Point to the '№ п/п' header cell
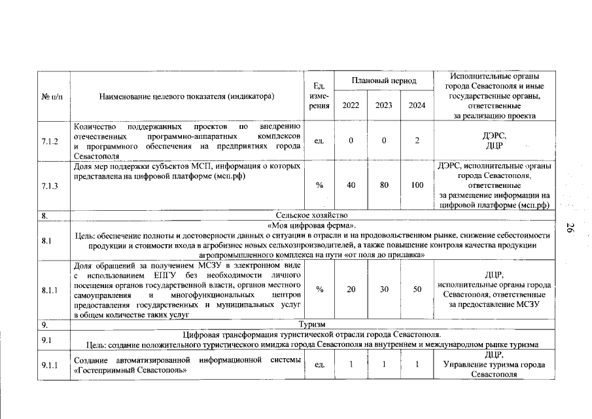click(x=52, y=96)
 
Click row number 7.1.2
click(x=50, y=141)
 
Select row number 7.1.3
click(x=50, y=186)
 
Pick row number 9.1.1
click(x=50, y=365)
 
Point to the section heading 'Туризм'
click(x=311, y=325)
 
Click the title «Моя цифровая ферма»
click(x=311, y=226)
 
